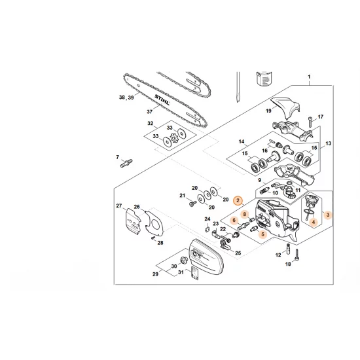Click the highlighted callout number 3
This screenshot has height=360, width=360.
pyautogui.click(x=329, y=213)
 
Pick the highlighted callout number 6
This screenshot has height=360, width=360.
pyautogui.click(x=234, y=221)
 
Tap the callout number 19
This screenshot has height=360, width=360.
pyautogui.click(x=268, y=112)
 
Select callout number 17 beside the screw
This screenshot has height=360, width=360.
pyautogui.click(x=321, y=117)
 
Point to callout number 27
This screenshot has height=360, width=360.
pyautogui.click(x=119, y=206)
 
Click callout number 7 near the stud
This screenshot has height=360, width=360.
pyautogui.click(x=118, y=157)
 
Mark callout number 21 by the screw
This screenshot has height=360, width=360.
pyautogui.click(x=183, y=195)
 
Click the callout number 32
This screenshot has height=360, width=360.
pyautogui.click(x=150, y=123)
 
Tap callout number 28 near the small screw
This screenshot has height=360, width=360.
pyautogui.click(x=160, y=243)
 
